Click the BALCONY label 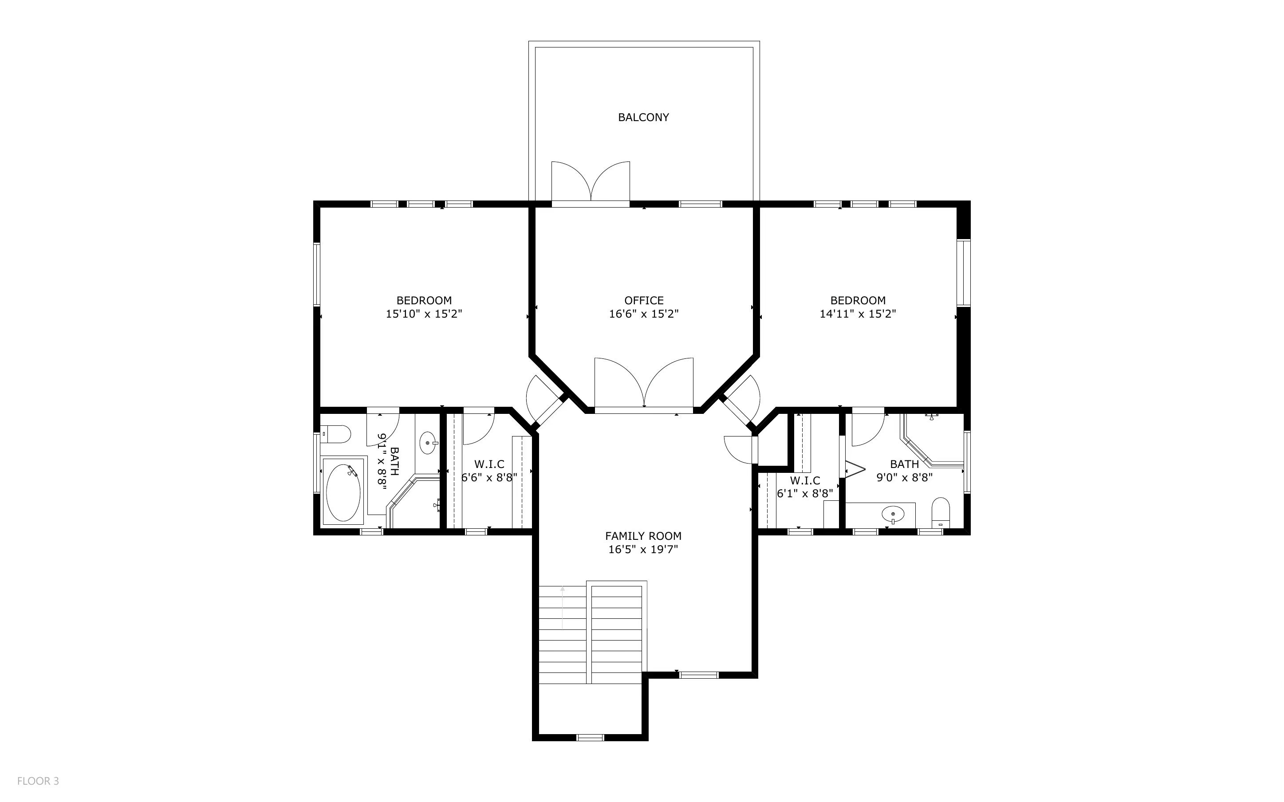click(643, 117)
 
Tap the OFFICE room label click(643, 300)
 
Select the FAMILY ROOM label click(643, 536)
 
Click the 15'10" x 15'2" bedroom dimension click(424, 314)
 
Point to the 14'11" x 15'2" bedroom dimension click(858, 314)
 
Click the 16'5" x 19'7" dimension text click(643, 550)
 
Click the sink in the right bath click(893, 514)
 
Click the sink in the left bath click(428, 443)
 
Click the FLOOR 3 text click(38, 781)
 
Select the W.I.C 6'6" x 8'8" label click(489, 471)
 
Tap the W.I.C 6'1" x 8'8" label click(804, 487)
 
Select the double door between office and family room click(643, 385)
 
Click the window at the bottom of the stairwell click(590, 737)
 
